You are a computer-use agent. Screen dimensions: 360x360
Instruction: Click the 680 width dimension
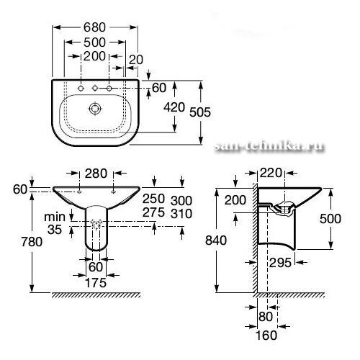pyautogui.click(x=94, y=27)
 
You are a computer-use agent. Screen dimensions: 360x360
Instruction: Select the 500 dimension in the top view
pyautogui.click(x=94, y=42)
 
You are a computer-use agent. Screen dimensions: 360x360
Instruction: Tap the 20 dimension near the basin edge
pyautogui.click(x=136, y=60)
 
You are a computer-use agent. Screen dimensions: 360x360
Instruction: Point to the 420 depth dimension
pyautogui.click(x=174, y=107)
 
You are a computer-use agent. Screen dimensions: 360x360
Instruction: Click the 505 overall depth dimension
pyautogui.click(x=200, y=112)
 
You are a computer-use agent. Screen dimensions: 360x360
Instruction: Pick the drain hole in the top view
pyautogui.click(x=95, y=109)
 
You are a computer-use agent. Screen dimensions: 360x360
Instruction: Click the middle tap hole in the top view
pyautogui.click(x=95, y=89)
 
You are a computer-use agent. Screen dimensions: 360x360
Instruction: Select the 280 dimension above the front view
pyautogui.click(x=96, y=174)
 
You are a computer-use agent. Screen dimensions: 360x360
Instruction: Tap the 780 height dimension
pyautogui.click(x=32, y=241)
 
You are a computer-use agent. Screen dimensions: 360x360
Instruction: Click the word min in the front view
pyautogui.click(x=55, y=217)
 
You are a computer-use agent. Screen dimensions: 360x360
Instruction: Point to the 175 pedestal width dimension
pyautogui.click(x=96, y=283)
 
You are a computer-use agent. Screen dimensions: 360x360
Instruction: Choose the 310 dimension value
pyautogui.click(x=181, y=213)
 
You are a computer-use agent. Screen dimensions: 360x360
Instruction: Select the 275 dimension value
pyautogui.click(x=153, y=212)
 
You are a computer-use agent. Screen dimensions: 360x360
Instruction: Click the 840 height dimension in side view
pyautogui.click(x=216, y=240)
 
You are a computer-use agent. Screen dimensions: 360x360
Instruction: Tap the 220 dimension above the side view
pyautogui.click(x=271, y=173)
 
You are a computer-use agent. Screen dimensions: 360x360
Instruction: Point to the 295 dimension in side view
pyautogui.click(x=280, y=263)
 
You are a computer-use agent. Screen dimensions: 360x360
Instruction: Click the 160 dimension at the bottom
pyautogui.click(x=266, y=335)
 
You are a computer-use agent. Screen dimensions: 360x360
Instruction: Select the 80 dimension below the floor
pyautogui.click(x=266, y=317)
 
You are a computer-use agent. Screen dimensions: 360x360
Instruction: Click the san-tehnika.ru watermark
pyautogui.click(x=269, y=145)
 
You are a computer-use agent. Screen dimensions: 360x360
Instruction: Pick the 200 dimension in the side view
pyautogui.click(x=235, y=200)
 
